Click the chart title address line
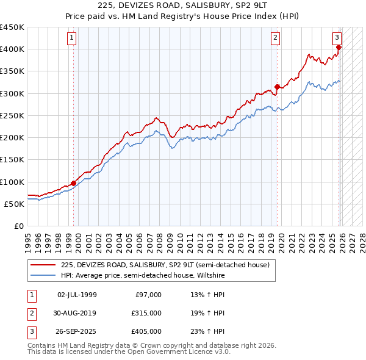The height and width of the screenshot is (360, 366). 183,6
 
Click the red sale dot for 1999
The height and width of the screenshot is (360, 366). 74,183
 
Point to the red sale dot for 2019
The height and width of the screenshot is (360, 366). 277,87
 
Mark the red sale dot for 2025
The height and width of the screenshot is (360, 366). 339,47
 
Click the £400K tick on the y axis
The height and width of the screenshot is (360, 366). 12,49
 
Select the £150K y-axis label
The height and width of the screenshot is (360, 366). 12,160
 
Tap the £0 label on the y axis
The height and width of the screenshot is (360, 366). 18,226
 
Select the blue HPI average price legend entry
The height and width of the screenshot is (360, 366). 143,275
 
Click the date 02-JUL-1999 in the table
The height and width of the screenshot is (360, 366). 77,295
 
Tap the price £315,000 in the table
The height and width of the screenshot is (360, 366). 146,313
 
